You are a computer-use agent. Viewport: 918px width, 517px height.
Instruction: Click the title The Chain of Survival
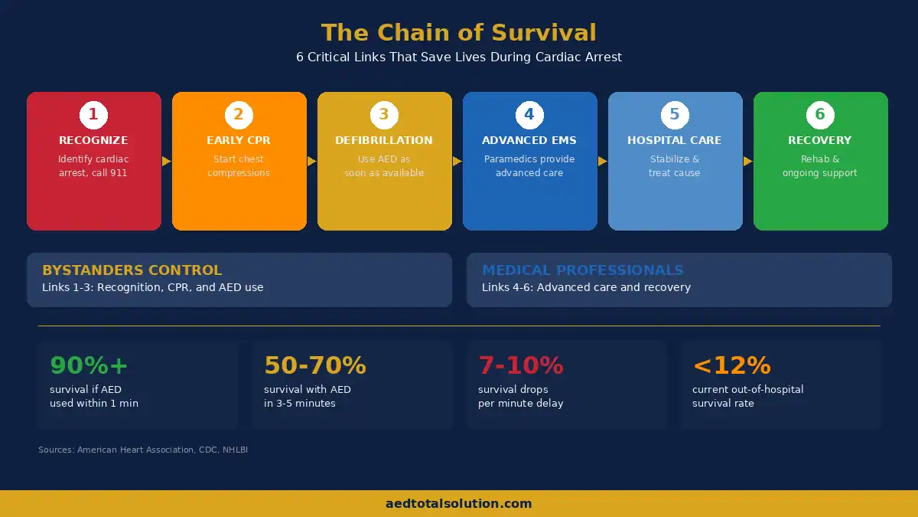pyautogui.click(x=458, y=33)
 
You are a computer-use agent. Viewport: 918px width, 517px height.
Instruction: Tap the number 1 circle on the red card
pyautogui.click(x=93, y=115)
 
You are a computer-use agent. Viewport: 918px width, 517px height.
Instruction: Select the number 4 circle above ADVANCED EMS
pyautogui.click(x=529, y=115)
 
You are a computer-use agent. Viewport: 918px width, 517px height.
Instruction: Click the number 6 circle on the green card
pyautogui.click(x=820, y=115)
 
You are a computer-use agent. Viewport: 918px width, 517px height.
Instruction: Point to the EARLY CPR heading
pyautogui.click(x=239, y=140)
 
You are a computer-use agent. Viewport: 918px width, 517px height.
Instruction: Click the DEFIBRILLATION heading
pyautogui.click(x=384, y=140)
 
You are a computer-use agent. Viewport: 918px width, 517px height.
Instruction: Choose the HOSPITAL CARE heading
pyautogui.click(x=675, y=140)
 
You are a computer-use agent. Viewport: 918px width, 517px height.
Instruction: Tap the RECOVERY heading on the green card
pyautogui.click(x=820, y=140)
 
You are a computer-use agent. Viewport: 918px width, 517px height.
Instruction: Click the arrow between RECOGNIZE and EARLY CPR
pyautogui.click(x=166, y=162)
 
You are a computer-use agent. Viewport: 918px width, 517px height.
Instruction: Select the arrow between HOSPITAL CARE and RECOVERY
pyautogui.click(x=747, y=162)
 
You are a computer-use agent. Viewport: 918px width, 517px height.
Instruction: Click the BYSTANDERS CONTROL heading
pyautogui.click(x=132, y=270)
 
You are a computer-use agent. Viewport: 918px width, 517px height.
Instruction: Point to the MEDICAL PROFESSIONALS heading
pyautogui.click(x=582, y=270)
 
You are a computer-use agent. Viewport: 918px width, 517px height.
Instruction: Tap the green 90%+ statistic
pyautogui.click(x=89, y=365)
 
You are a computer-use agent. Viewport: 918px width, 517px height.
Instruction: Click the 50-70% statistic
pyautogui.click(x=315, y=365)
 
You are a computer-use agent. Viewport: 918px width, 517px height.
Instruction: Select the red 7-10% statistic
pyautogui.click(x=521, y=365)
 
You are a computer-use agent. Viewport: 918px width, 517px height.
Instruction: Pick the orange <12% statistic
pyautogui.click(x=731, y=365)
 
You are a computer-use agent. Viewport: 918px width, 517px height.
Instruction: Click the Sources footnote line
pyautogui.click(x=143, y=450)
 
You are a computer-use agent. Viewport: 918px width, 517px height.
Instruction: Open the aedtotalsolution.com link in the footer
pyautogui.click(x=458, y=504)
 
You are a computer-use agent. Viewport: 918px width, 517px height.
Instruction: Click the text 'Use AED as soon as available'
pyautogui.click(x=384, y=166)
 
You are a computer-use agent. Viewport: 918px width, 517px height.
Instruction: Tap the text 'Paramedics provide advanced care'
pyautogui.click(x=529, y=166)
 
